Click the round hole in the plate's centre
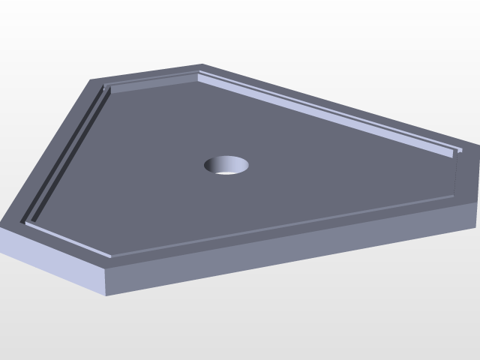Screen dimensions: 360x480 [226, 165]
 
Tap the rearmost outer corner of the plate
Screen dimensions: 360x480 [202, 64]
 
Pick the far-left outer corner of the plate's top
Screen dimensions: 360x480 [1, 223]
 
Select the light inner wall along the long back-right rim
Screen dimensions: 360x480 [330, 109]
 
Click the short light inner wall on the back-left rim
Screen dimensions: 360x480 [154, 82]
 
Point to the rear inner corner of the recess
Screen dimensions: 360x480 [198, 76]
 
